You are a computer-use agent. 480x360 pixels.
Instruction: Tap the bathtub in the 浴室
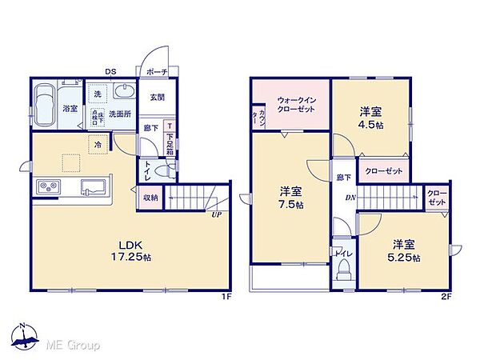click(x=46, y=108)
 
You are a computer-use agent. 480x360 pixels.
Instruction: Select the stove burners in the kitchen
click(x=47, y=188)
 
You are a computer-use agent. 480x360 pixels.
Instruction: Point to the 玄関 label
click(x=156, y=98)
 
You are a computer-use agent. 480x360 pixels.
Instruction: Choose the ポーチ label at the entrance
click(x=157, y=72)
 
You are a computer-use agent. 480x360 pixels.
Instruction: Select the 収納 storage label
click(x=150, y=197)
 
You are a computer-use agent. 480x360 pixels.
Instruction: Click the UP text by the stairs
click(x=216, y=214)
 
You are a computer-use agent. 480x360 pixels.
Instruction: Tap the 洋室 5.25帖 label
click(x=404, y=250)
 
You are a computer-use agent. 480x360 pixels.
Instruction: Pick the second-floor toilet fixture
click(x=343, y=270)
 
